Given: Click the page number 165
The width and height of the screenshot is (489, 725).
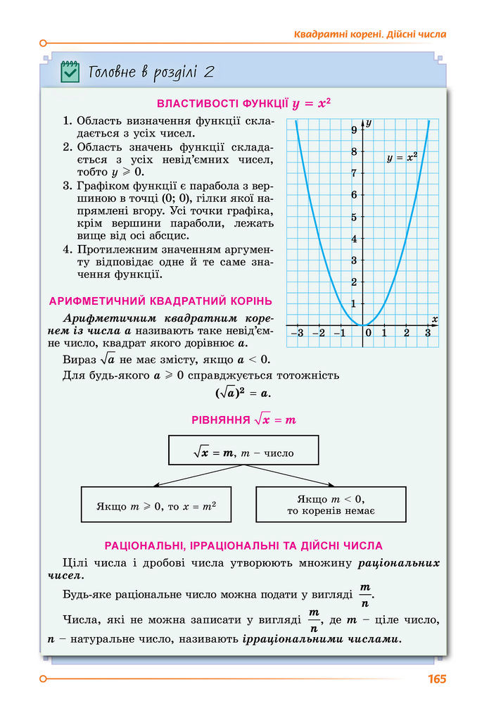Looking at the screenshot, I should tap(436, 679).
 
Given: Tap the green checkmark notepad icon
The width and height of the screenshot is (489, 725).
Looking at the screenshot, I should tap(70, 71).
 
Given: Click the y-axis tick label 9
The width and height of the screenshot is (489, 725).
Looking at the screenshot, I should tap(354, 130).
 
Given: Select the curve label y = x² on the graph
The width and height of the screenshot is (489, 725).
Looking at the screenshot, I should tap(402, 158).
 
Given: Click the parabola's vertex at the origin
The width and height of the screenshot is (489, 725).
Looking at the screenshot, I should tap(363, 325).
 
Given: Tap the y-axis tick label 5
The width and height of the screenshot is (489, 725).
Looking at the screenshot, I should tap(354, 217).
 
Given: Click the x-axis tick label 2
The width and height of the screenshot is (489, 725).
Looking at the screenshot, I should tap(407, 333).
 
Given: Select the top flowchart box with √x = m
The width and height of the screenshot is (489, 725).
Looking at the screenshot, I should tap(243, 450).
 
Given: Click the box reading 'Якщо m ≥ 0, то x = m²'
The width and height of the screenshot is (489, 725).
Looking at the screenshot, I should tap(155, 505).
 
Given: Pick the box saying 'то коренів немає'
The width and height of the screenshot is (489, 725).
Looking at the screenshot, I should tap(331, 505).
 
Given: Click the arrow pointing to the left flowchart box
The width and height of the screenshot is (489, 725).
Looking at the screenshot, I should tap(158, 483).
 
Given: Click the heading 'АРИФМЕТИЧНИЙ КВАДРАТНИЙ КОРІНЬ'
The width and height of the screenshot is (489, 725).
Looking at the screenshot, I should tap(161, 301).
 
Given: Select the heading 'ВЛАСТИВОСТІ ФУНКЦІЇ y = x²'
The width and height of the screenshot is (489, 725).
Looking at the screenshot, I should tap(243, 104).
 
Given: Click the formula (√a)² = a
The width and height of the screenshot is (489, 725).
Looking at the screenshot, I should tap(243, 393).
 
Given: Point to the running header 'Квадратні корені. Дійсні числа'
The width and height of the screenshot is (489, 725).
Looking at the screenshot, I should tap(369, 34).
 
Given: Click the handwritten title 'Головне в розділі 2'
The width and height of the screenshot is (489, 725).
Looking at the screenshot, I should tap(151, 72).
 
